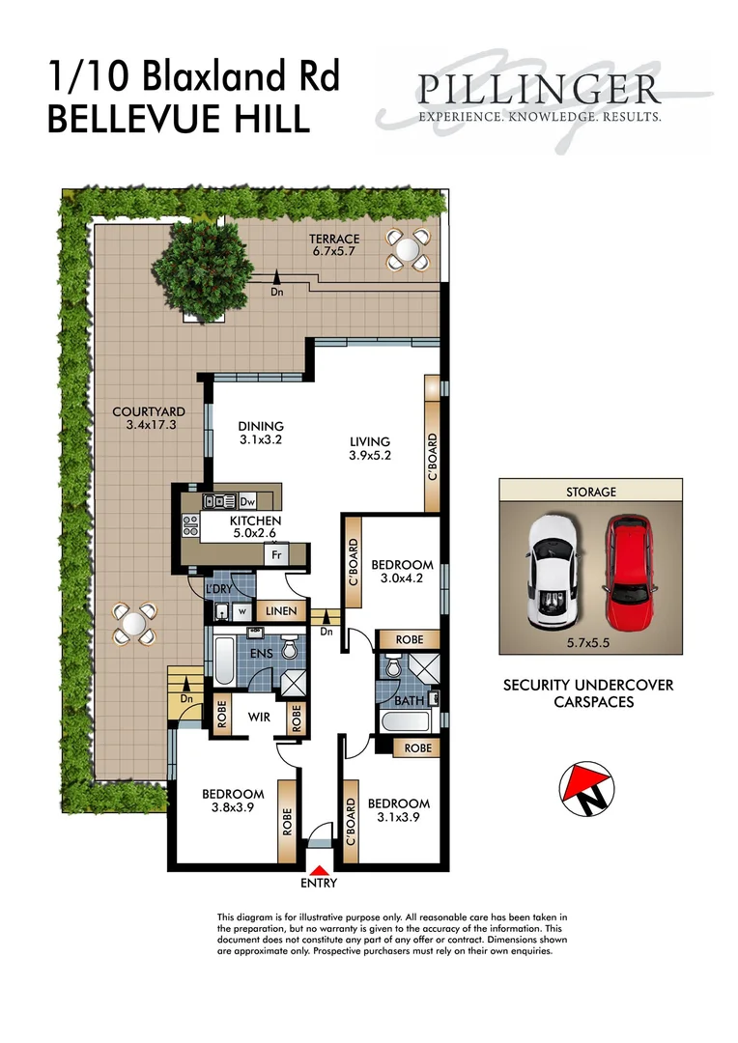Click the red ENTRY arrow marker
pyautogui.click(x=319, y=871)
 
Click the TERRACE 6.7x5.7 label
pyautogui.click(x=334, y=245)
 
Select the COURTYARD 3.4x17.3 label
pyautogui.click(x=148, y=417)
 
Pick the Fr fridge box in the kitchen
pyautogui.click(x=275, y=556)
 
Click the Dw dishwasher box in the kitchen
pyautogui.click(x=246, y=501)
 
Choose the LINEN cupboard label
pyautogui.click(x=282, y=612)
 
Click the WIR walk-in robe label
pyautogui.click(x=258, y=717)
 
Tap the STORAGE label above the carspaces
pyautogui.click(x=590, y=492)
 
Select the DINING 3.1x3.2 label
pyautogui.click(x=261, y=433)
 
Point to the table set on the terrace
pyautogui.click(x=407, y=249)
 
